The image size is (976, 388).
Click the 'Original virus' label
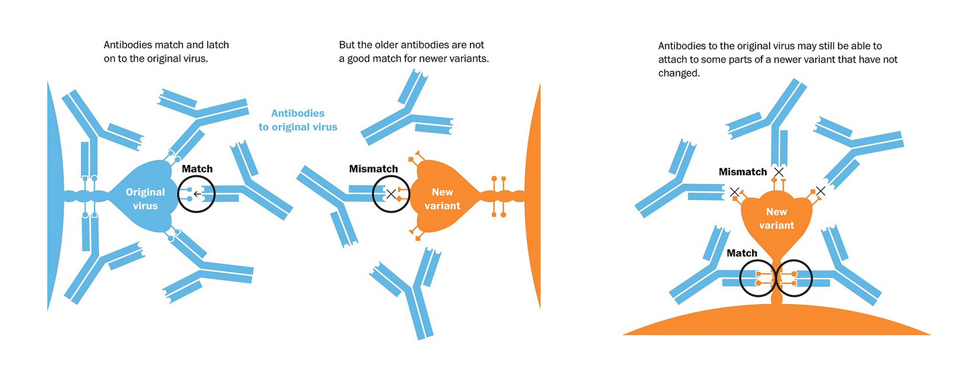(145, 199)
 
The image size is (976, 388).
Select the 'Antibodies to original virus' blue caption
(298, 120)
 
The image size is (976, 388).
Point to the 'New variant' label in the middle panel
(442, 199)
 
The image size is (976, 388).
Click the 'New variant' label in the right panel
(776, 220)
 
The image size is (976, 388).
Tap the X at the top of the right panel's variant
(778, 173)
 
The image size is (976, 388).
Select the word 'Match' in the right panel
(742, 253)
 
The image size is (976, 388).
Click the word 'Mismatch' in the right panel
(743, 172)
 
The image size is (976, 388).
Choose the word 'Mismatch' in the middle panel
(373, 168)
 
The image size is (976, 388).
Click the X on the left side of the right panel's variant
(735, 192)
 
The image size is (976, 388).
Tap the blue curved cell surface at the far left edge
(54, 195)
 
